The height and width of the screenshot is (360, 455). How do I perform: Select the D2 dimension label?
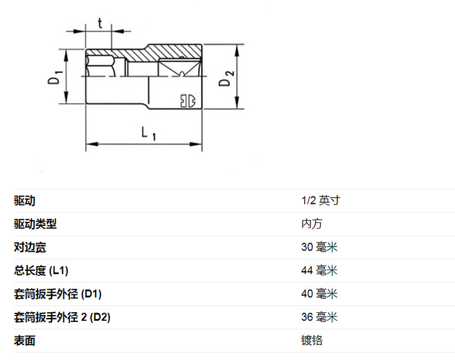226,77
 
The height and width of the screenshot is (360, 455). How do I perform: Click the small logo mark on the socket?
187,101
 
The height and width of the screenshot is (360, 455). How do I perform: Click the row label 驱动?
25,201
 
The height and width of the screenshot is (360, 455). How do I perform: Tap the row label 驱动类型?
35,224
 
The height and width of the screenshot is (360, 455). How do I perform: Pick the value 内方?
312,224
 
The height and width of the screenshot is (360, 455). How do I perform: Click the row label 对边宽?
30,248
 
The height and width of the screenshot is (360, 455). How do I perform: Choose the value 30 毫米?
319,248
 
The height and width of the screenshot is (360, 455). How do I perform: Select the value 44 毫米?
319,271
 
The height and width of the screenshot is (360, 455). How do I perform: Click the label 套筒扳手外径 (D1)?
58,294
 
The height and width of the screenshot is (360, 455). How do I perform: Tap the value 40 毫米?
319,294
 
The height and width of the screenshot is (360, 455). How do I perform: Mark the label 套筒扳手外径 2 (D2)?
62,317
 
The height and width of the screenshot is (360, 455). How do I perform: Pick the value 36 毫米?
319,317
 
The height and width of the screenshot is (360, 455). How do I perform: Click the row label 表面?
25,341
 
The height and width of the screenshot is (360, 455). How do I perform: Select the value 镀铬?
312,341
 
